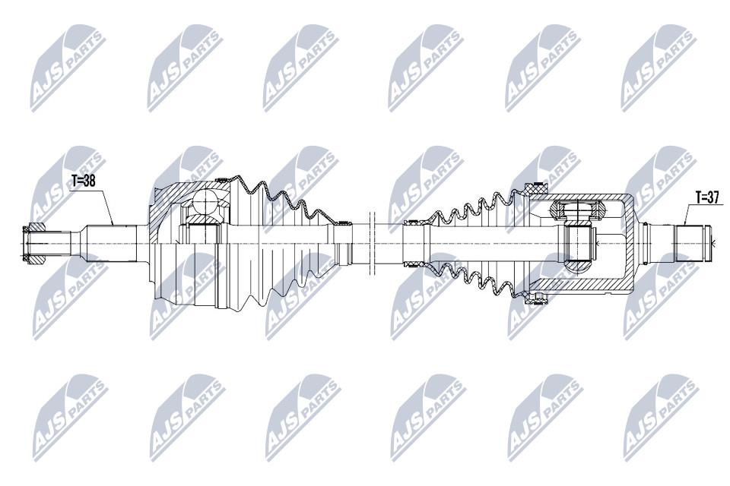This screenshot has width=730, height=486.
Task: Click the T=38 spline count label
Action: pos(84,181)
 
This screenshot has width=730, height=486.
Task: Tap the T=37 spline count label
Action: pos(707,197)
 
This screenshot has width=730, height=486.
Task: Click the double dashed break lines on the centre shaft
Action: pos(372,243)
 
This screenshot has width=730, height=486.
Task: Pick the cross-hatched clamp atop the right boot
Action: pos(536,189)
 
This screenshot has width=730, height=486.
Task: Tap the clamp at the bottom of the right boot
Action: pos(536,298)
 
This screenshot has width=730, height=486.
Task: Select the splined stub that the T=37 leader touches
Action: pos(692,243)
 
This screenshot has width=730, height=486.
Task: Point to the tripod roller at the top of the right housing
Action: pos(577,210)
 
